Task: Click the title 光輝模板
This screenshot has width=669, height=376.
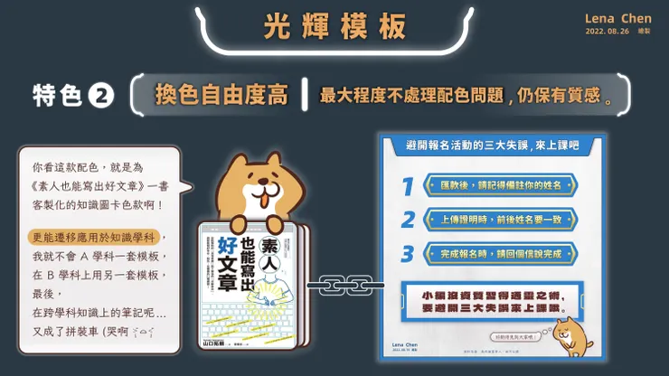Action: [335, 26]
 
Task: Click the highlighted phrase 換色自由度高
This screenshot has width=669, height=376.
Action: [221, 95]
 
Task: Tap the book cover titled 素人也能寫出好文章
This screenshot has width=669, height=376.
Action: [252, 280]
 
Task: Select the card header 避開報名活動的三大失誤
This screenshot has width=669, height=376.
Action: [479, 146]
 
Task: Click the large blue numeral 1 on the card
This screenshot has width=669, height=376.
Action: [409, 186]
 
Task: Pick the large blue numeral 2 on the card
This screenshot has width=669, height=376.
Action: [409, 220]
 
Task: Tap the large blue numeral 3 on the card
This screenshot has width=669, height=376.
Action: [409, 253]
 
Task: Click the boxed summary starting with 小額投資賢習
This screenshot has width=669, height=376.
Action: [490, 300]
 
